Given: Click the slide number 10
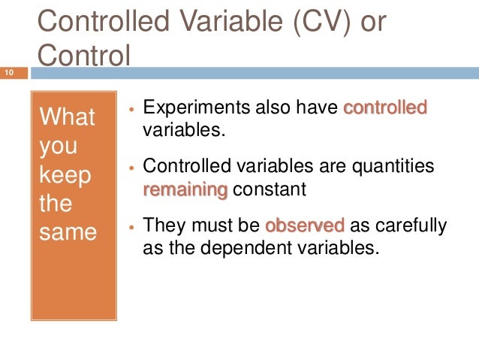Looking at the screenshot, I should tap(10, 73).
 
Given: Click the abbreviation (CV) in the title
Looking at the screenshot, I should tap(310, 22).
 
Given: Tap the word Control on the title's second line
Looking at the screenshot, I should tap(83, 55).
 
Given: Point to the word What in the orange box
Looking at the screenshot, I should tap(67, 117).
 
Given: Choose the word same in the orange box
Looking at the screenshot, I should tap(68, 232).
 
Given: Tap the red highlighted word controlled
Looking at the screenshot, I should tap(384, 108).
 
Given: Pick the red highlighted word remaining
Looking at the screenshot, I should tap(185, 189).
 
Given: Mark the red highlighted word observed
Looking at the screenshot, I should tap(305, 225).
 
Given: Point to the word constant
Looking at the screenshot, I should tap(270, 189).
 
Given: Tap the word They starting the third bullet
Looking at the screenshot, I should tap(163, 225).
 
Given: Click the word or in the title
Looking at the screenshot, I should tap(369, 22).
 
